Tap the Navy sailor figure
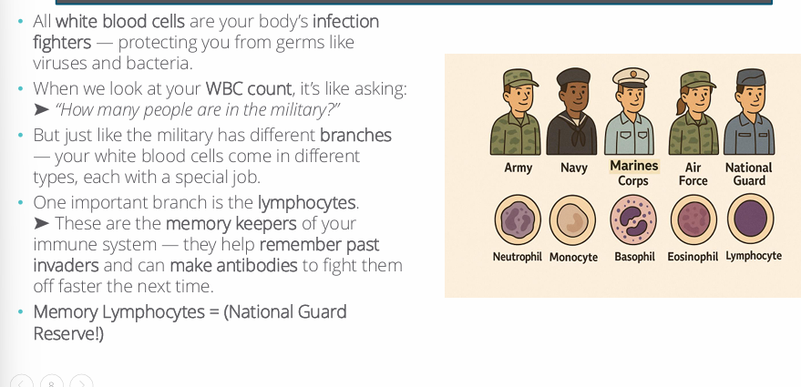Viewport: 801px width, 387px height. (x=573, y=114)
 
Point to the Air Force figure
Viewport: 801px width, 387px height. (x=693, y=114)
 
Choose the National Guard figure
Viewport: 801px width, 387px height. (x=749, y=114)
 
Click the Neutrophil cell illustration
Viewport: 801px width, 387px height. (x=518, y=220)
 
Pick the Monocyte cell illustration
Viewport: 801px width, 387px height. (x=573, y=220)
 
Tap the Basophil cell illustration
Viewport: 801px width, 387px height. (x=634, y=220)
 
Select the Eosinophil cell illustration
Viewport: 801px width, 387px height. (x=693, y=220)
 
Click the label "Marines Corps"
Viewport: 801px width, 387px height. (x=633, y=173)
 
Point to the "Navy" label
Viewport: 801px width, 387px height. (x=574, y=168)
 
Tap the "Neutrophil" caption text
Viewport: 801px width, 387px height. (x=518, y=257)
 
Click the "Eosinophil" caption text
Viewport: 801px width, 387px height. (x=693, y=257)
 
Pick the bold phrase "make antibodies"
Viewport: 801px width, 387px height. (x=233, y=266)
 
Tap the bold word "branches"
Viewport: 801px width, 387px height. (x=355, y=135)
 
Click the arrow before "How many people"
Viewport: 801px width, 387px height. (x=41, y=110)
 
